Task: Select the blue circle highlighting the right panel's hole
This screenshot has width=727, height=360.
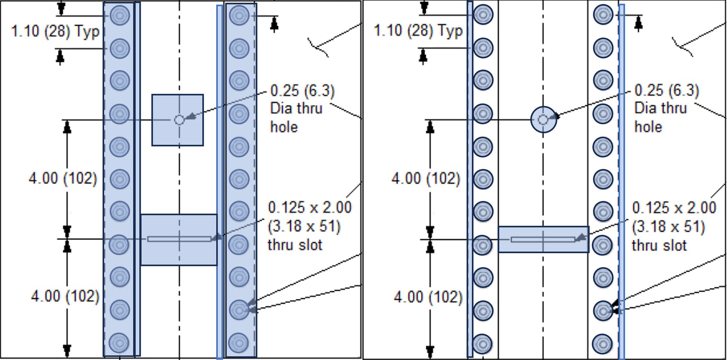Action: click(x=543, y=120)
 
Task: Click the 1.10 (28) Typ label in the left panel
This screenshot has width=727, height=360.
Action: click(x=55, y=31)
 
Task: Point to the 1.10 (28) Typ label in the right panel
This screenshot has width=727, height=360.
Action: click(x=418, y=31)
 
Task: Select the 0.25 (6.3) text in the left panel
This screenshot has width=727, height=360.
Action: click(x=302, y=91)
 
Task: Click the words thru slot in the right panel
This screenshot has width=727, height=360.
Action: click(x=659, y=245)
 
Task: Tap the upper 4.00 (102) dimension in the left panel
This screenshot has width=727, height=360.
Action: click(x=63, y=178)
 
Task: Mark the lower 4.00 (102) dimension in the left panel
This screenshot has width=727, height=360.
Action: click(x=65, y=296)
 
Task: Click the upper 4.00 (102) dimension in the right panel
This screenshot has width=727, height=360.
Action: click(x=426, y=178)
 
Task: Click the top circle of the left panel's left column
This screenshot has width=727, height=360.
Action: click(x=120, y=16)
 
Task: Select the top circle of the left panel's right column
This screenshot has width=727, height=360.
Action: click(x=239, y=16)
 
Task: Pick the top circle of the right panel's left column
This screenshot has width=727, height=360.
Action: click(x=483, y=16)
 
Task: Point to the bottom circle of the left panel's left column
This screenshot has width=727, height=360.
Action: click(x=120, y=343)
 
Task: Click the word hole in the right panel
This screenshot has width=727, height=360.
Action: click(x=648, y=127)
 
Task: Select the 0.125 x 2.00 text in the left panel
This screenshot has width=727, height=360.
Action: click(x=310, y=208)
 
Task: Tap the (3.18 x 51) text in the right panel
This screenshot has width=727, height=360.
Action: click(x=668, y=227)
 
